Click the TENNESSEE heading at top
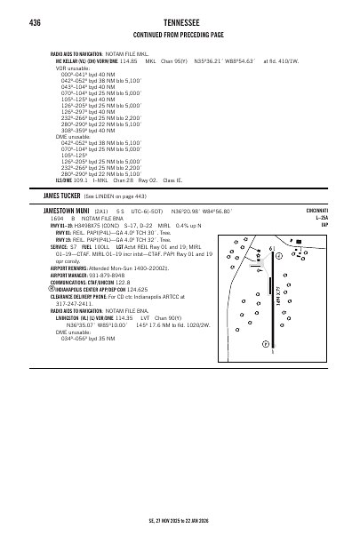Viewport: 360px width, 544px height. coord(180,22)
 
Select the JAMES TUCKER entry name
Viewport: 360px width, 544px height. coord(63,195)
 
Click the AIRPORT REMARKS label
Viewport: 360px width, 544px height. coord(74,292)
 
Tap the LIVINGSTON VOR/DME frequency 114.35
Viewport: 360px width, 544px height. coord(128,341)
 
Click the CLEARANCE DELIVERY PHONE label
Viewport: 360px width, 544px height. coord(85,320)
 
